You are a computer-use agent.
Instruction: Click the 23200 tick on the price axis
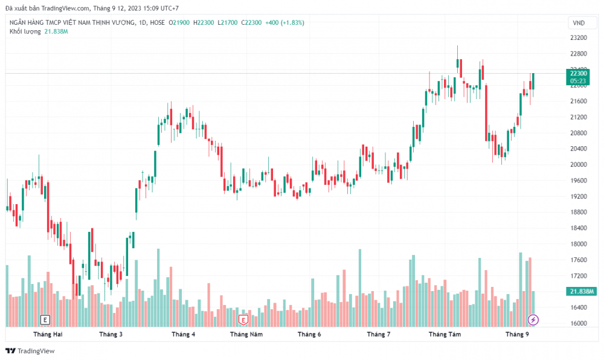(x=579, y=37)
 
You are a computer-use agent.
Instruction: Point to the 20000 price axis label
(x=579, y=164)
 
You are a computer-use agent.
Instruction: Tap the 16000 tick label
(x=579, y=324)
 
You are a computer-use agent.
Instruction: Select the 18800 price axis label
(x=579, y=212)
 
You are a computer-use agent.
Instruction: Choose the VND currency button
(x=578, y=23)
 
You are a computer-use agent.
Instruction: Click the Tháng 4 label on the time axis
(x=183, y=334)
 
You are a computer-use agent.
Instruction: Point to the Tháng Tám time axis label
(x=445, y=334)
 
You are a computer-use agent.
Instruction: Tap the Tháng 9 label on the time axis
(x=517, y=334)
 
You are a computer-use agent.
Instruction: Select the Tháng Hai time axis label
(x=48, y=334)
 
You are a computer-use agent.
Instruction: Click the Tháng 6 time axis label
(x=309, y=334)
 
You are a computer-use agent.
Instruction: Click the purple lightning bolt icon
(x=533, y=319)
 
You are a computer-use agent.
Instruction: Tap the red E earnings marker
(x=243, y=319)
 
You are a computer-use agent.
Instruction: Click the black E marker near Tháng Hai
(x=45, y=319)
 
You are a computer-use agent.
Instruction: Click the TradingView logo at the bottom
(x=30, y=351)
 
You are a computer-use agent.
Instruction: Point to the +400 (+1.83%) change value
(x=284, y=22)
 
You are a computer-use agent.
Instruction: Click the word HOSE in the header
(x=156, y=22)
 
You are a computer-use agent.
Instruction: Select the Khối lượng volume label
(x=25, y=31)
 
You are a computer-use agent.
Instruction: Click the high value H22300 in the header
(x=204, y=22)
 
